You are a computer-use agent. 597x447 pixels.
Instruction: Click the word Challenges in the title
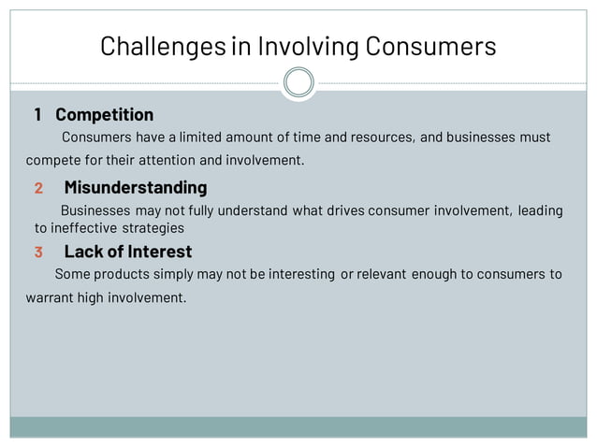pos(161,46)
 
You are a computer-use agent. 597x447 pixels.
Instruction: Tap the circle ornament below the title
pos(298,83)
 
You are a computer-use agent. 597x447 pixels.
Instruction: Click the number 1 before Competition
pos(37,115)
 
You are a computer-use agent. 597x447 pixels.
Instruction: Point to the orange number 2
pos(38,188)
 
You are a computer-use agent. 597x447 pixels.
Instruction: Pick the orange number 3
pos(38,252)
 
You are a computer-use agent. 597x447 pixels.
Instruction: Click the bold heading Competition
pos(104,115)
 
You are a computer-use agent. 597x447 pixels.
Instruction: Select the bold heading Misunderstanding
pos(135,188)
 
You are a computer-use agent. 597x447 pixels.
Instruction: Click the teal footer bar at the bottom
pos(298,426)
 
